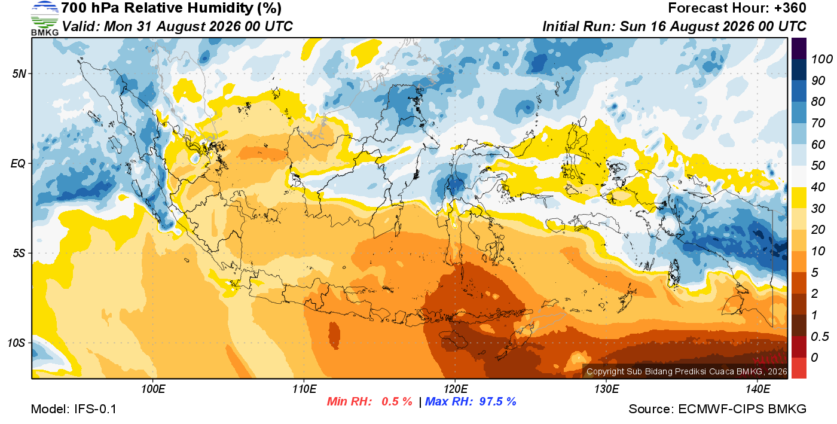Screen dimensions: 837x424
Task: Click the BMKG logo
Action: click(x=45, y=19)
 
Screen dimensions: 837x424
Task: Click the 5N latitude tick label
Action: click(x=19, y=74)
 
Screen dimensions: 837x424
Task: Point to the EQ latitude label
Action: click(x=19, y=163)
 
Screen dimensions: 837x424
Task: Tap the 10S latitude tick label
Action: click(x=17, y=343)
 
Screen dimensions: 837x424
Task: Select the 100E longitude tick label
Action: click(x=153, y=389)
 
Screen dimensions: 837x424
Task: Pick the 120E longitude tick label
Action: click(x=456, y=389)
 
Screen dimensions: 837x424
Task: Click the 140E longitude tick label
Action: click(x=757, y=389)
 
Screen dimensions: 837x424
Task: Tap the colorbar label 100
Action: click(x=821, y=59)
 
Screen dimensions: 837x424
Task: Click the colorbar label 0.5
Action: click(x=820, y=337)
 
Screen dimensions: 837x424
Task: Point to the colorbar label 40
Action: click(x=818, y=187)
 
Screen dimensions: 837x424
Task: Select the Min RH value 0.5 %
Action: click(x=397, y=401)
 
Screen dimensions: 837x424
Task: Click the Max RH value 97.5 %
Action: click(x=497, y=401)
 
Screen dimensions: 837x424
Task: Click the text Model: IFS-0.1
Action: click(x=74, y=409)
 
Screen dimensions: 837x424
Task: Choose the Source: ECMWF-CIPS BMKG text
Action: click(x=717, y=409)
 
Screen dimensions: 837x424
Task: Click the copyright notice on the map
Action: click(x=687, y=371)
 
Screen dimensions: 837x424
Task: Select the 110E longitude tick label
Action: click(x=304, y=389)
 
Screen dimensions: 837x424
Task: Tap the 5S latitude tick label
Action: click(x=19, y=253)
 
